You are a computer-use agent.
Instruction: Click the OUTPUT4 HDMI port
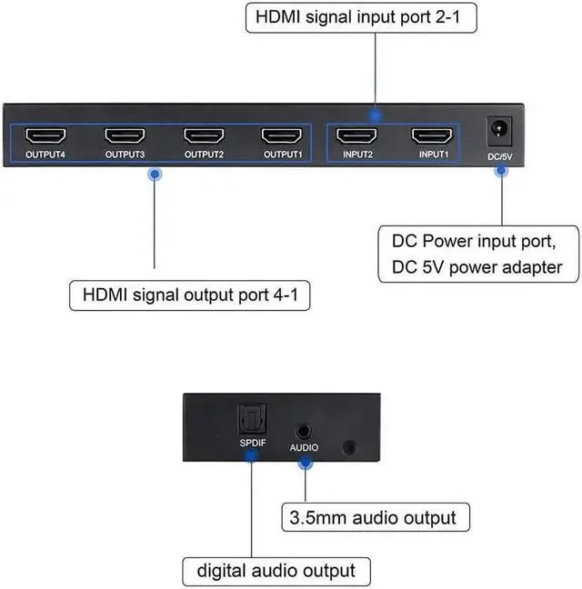45,136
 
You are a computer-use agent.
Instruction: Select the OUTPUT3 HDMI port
124,136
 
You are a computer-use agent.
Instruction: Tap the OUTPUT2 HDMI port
203,136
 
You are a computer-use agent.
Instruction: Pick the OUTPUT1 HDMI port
281,136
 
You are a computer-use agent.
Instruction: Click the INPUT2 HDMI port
356,136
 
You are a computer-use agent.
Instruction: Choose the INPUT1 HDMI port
432,136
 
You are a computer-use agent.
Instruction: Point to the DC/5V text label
499,157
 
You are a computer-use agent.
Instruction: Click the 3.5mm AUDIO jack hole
305,425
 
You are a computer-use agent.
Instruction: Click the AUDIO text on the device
305,448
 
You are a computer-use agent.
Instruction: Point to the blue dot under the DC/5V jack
499,173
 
